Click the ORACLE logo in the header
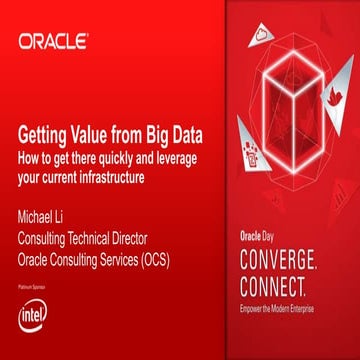point(53,42)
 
